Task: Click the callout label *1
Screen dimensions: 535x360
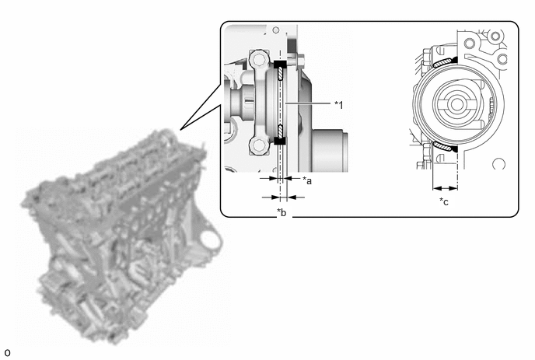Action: (x=338, y=105)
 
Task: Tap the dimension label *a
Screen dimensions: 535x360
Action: (x=307, y=180)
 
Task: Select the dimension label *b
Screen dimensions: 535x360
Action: (x=281, y=212)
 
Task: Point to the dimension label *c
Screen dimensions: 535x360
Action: (x=444, y=201)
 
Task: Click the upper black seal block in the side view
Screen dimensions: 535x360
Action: (x=281, y=65)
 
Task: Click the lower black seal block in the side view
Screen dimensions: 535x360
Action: (x=280, y=140)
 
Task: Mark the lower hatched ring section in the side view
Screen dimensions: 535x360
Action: (x=281, y=131)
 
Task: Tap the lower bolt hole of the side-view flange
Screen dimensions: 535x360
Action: (x=258, y=146)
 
